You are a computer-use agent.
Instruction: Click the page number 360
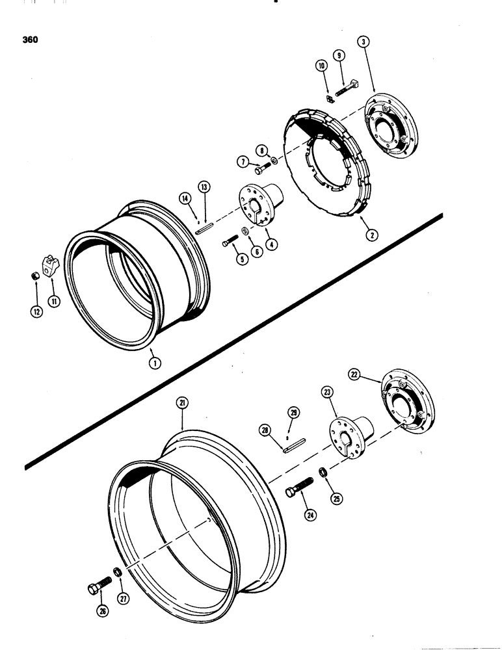click(x=29, y=40)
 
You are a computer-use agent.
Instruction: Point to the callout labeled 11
click(x=52, y=301)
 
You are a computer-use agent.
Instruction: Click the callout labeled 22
click(x=373, y=374)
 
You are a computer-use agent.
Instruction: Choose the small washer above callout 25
click(x=323, y=472)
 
